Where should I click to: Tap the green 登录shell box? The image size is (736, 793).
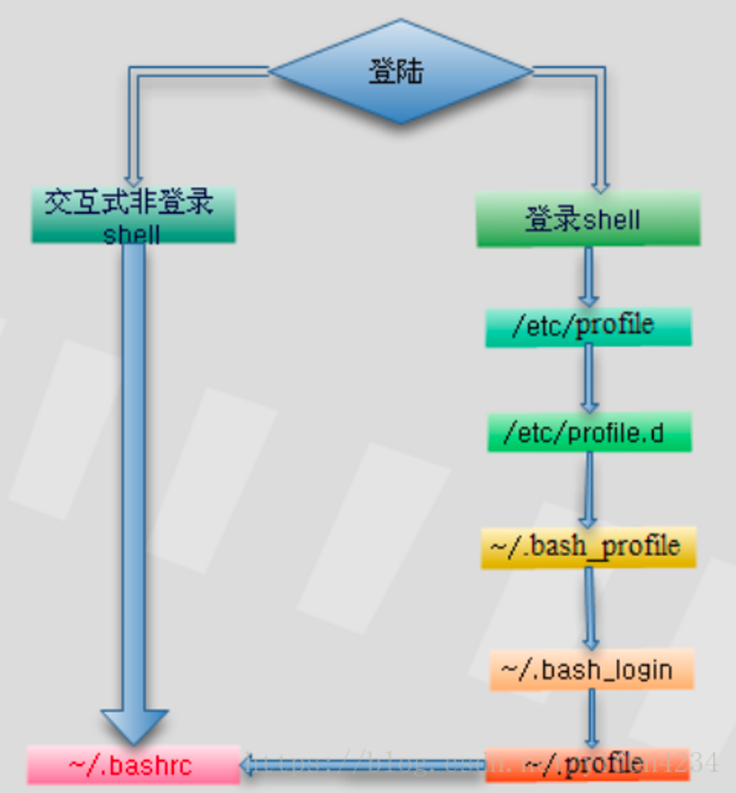click(588, 219)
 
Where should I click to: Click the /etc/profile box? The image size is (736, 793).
click(588, 326)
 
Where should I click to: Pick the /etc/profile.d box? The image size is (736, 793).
click(588, 434)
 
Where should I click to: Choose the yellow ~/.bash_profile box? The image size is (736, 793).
click(588, 547)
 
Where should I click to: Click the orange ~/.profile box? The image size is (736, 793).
click(587, 764)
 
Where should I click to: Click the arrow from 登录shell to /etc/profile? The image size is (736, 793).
click(588, 277)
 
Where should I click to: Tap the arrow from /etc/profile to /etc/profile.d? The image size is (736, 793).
click(588, 380)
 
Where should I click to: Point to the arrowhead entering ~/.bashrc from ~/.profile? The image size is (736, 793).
click(249, 763)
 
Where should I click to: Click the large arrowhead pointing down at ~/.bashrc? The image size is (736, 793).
click(134, 726)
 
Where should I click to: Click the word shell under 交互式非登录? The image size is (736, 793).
click(132, 232)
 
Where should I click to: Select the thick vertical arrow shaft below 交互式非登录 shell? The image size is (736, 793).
click(133, 475)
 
